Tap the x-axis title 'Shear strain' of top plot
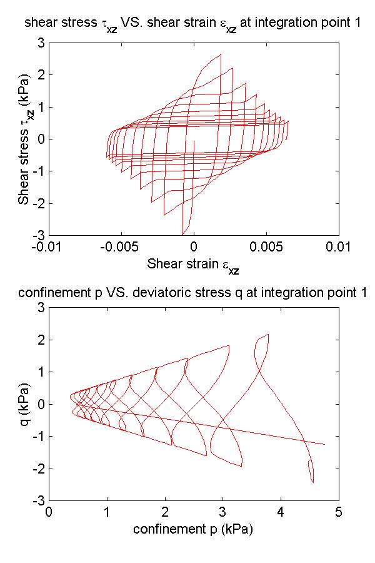[x=193, y=265]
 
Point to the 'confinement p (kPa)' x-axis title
[x=193, y=529]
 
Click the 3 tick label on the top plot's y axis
[x=39, y=43]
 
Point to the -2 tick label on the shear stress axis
[x=37, y=203]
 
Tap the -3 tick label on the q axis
[x=37, y=501]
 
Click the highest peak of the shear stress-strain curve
[x=220, y=54]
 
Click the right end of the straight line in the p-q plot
[x=325, y=444]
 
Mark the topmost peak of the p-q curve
[x=267, y=334]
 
